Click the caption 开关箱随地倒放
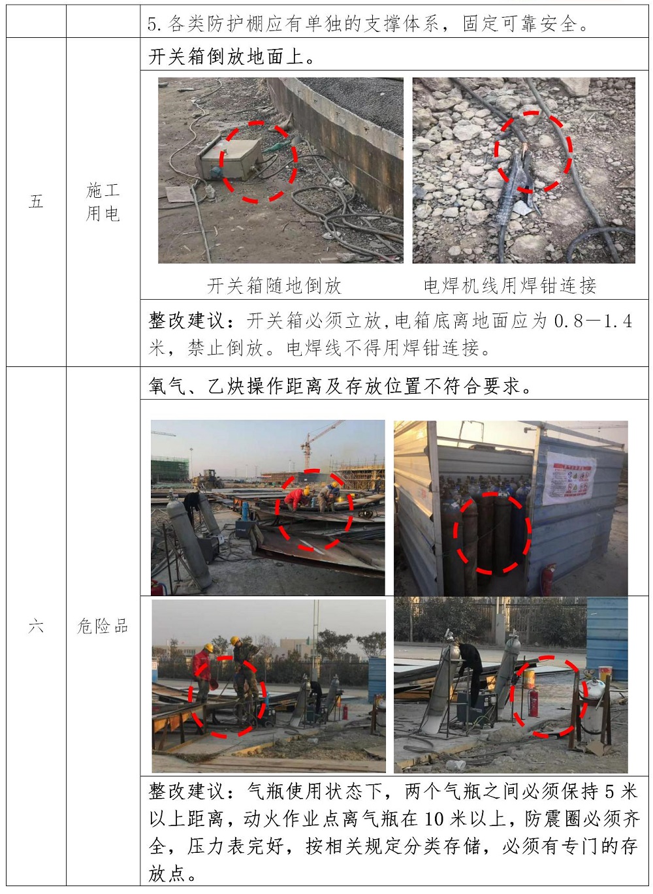(274, 286)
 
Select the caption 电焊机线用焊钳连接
(510, 286)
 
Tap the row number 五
(36, 202)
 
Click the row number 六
(36, 627)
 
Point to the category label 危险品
(103, 627)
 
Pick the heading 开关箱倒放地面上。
(232, 56)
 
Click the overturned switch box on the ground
(229, 159)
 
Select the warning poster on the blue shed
(569, 477)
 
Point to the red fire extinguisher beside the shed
(547, 579)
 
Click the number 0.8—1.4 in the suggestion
(593, 321)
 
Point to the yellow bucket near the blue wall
(605, 672)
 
